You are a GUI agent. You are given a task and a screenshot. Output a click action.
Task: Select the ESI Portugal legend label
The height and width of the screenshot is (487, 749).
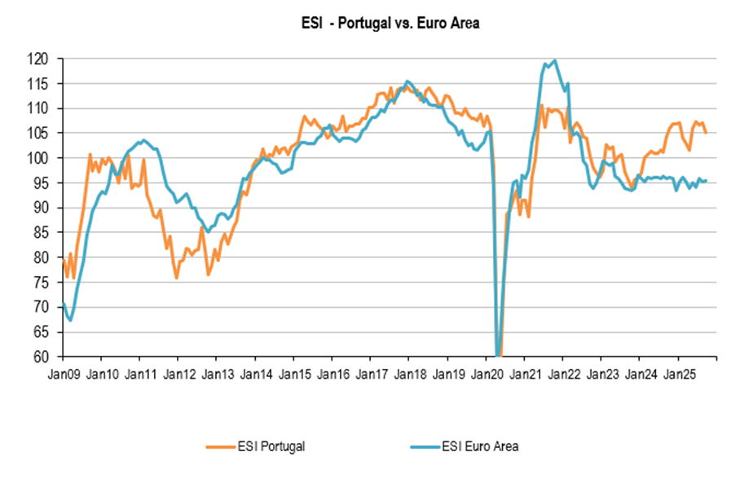pos(272,445)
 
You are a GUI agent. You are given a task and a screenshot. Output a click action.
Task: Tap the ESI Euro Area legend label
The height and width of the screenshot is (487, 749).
pos(480,445)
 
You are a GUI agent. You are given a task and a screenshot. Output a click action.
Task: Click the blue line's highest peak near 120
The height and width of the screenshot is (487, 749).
pos(554,60)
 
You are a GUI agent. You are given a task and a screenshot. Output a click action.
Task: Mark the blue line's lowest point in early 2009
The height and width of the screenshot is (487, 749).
pos(70,320)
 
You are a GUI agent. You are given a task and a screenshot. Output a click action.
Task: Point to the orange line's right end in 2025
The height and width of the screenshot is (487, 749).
pos(706,133)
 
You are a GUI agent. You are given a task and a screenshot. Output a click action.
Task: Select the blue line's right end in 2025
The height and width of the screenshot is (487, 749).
pos(706,181)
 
